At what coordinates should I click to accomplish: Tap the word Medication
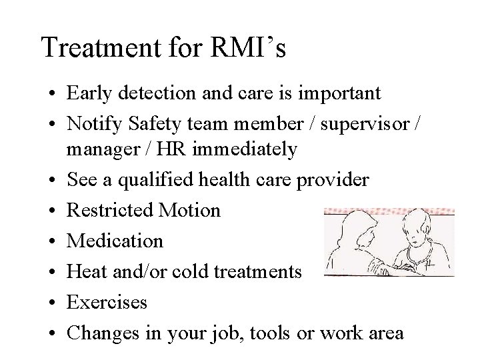(115, 241)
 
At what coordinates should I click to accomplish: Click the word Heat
(85, 271)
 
